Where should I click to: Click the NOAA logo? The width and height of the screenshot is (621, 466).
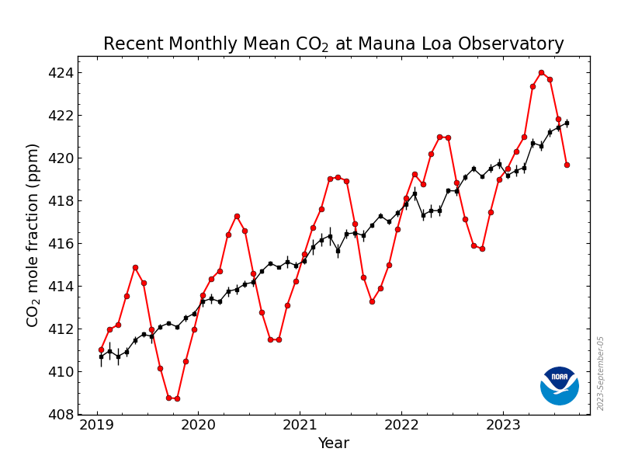[559, 385]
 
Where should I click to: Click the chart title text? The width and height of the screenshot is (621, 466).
[333, 44]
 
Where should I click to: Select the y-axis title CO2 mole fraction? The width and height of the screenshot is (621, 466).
[33, 235]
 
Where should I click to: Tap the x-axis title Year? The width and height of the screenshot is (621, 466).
[333, 443]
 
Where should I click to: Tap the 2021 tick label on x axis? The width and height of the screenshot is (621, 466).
[300, 426]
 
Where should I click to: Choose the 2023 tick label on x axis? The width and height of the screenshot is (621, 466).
[504, 426]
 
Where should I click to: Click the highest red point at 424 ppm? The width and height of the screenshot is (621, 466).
[541, 73]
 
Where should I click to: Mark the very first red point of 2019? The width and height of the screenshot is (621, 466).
[101, 349]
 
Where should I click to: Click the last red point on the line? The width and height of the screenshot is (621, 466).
[567, 165]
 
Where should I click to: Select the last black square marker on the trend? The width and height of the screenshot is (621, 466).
[567, 123]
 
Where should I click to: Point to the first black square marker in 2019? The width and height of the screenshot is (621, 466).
[101, 356]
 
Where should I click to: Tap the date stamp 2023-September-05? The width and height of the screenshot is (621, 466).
[601, 373]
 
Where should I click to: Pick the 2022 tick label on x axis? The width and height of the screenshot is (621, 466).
[401, 426]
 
